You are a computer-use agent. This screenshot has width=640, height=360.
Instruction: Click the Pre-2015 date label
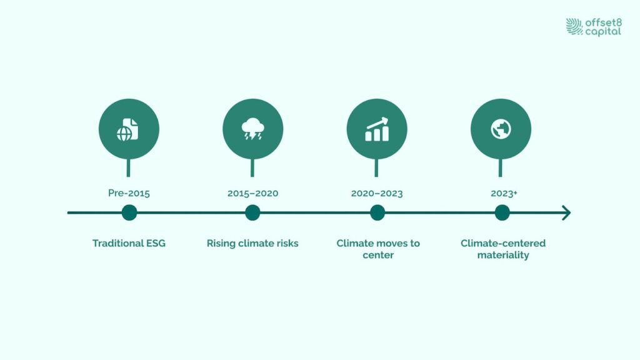[x=129, y=193]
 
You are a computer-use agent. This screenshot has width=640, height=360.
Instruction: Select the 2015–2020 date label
[x=252, y=194]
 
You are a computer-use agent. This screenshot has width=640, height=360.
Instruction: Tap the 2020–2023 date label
[x=377, y=194]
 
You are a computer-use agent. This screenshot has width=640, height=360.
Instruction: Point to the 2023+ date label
[x=504, y=194]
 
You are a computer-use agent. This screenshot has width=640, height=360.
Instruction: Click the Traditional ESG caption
[x=129, y=243]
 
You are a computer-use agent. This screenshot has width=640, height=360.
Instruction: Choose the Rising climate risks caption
[x=252, y=243]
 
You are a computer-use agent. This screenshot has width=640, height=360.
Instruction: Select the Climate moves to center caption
[x=378, y=249]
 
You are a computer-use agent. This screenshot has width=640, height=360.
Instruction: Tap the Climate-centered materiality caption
[x=503, y=249]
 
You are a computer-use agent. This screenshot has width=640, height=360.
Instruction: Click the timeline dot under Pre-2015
[x=129, y=212]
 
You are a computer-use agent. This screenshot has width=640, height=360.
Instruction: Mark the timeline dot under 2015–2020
[x=252, y=212]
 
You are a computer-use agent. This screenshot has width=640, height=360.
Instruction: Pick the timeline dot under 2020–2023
[x=377, y=212]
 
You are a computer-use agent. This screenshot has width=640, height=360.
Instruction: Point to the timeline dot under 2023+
[x=502, y=212]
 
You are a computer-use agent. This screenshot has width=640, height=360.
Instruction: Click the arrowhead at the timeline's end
[x=567, y=212]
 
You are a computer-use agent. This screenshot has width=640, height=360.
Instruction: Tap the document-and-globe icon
[x=127, y=130]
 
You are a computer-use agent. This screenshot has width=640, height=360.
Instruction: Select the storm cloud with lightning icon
[x=253, y=129]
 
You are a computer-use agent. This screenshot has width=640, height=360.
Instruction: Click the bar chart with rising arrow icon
[x=377, y=129]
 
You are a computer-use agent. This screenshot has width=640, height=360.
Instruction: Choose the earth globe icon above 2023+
[x=501, y=129]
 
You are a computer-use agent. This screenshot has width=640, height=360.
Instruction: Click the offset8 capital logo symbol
[x=574, y=26]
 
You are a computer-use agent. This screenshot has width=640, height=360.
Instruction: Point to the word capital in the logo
[x=603, y=32]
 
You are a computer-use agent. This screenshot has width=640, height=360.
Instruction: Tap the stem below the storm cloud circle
[x=252, y=167]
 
